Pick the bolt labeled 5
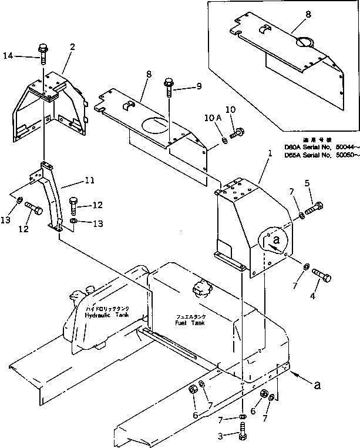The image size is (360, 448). (x=313, y=209)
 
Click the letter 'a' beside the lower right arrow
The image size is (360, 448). (x=318, y=386)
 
